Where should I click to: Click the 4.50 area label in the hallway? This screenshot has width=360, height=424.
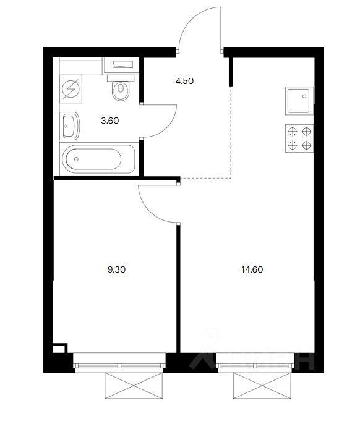184,81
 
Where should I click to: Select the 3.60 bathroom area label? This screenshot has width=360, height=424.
110,121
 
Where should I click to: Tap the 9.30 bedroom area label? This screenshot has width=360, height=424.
116,269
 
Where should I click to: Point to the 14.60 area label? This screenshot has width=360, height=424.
252,269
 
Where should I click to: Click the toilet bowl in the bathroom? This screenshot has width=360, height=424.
121,91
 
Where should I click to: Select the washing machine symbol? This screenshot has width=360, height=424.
71,89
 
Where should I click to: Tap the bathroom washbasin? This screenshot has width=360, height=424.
70,125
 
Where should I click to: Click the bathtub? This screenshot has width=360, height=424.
98,159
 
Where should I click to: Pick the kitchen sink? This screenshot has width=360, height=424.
299,101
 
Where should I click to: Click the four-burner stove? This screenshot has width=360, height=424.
299,138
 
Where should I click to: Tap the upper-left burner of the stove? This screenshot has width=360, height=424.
293,132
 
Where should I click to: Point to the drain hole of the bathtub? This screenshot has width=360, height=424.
76,159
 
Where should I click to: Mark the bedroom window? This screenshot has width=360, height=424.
119,362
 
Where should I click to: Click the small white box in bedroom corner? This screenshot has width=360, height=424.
59,349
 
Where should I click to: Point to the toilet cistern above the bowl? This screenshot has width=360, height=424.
121,78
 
